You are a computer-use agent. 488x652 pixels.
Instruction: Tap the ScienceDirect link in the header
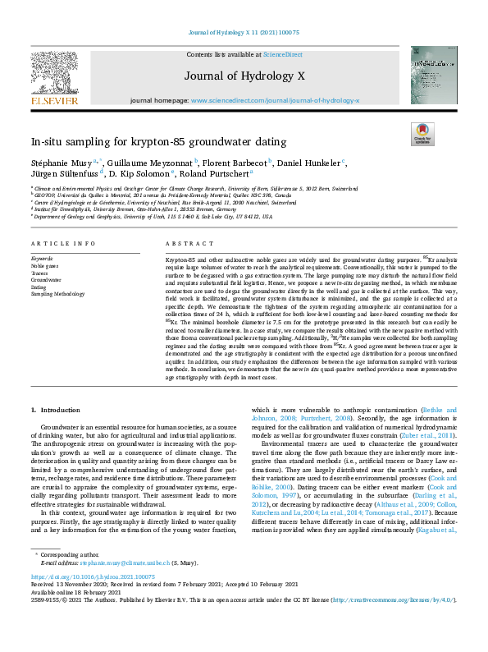(283, 54)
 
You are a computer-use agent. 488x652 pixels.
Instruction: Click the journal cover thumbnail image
(434, 75)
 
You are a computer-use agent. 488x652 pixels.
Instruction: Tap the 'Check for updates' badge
(422, 134)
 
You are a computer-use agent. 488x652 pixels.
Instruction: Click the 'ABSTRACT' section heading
(184, 245)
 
